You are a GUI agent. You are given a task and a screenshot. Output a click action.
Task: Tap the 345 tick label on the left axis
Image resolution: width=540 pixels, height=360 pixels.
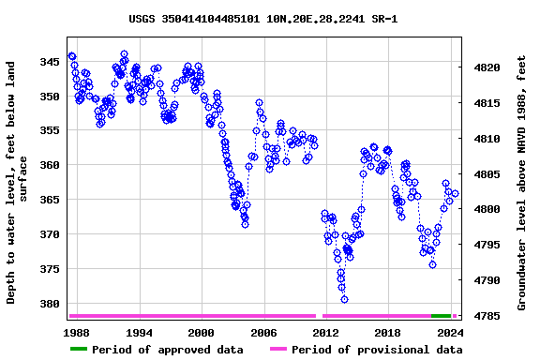coord(49,62)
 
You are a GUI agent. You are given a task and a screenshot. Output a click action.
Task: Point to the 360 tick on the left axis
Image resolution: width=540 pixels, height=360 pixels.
coord(49,165)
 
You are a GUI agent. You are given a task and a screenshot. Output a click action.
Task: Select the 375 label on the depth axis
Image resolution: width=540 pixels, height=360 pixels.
coord(49,269)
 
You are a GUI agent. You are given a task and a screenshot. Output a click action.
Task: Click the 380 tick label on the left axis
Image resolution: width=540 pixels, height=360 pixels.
coord(49,304)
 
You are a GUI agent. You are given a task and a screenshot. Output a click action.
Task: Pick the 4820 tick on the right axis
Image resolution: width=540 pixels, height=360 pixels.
coord(492,68)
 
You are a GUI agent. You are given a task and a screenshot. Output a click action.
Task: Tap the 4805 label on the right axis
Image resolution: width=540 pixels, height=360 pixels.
coord(492,174)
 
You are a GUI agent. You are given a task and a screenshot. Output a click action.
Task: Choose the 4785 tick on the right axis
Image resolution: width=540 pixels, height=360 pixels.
coord(492,316)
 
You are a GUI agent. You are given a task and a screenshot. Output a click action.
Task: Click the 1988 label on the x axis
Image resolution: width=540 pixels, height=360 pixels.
coord(77,333)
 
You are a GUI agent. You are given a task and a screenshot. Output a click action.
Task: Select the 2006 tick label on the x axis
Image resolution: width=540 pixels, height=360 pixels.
coord(263,333)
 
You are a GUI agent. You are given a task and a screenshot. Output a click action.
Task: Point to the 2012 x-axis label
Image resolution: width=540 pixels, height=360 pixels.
coord(325,333)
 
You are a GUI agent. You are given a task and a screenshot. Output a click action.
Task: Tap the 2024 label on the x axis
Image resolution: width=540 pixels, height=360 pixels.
coord(450,333)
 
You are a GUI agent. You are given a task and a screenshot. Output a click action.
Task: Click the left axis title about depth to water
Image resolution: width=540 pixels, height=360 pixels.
coord(18,183)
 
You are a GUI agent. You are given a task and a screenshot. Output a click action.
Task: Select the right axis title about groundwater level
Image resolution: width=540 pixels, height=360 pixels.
coord(522,183)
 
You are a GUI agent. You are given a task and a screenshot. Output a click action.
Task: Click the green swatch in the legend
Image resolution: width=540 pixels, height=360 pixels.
coord(79,350)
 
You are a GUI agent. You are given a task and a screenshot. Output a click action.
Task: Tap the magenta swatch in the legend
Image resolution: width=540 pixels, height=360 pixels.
coord(278,350)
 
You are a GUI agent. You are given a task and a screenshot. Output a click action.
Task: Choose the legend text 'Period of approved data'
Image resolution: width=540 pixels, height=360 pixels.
coord(169,350)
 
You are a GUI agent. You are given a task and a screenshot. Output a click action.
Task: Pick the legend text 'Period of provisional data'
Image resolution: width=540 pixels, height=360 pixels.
coord(376,350)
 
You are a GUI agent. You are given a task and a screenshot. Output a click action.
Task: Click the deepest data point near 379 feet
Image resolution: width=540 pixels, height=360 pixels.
coord(345,299)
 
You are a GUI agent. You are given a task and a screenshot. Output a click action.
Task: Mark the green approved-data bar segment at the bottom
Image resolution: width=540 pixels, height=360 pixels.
coord(441,316)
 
